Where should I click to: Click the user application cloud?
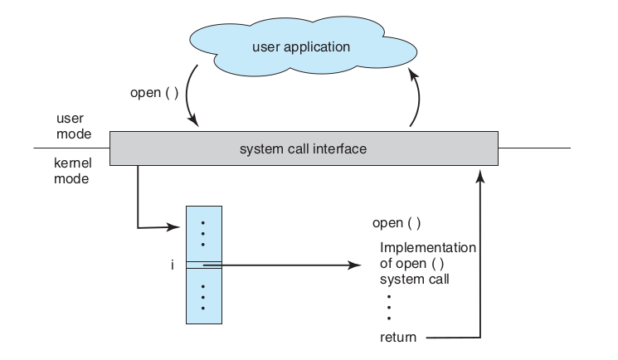tap(303, 46)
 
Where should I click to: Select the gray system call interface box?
tap(304, 148)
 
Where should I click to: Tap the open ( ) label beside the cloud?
tap(154, 93)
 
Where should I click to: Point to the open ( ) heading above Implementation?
tap(397, 223)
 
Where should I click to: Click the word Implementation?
tap(428, 248)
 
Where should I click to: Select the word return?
tap(398, 338)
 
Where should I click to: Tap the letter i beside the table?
tap(173, 265)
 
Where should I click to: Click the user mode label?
tap(74, 126)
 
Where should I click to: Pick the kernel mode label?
tap(72, 171)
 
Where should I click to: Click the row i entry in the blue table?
tap(204, 265)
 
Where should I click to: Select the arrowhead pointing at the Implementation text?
tap(355, 265)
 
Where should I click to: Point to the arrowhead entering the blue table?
tap(173, 226)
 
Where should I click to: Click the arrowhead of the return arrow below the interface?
tap(480, 176)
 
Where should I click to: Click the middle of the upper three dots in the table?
tap(203, 234)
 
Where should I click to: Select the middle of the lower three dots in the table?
tap(203, 297)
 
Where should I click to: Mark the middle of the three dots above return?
tap(389, 307)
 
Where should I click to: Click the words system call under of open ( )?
tap(415, 280)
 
